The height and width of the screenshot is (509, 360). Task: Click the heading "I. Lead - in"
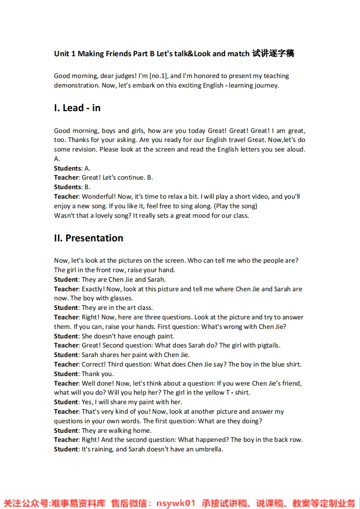pos(77,108)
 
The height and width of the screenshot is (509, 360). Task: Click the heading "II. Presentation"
pos(89,238)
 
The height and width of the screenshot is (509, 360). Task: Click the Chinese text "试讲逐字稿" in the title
pos(273,54)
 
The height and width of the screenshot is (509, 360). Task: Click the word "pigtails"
pos(268,345)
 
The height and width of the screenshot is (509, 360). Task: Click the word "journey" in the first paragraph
pos(266,85)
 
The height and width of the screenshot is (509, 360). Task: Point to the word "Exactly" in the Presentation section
pos(93,289)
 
